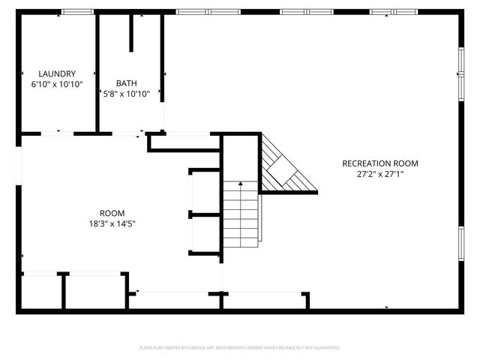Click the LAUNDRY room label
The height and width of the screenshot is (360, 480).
57,73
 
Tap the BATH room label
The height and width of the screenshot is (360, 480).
127,83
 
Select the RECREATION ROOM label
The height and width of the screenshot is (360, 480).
379,163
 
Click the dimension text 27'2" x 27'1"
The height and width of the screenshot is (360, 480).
379,174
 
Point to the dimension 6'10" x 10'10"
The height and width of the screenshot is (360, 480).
57,84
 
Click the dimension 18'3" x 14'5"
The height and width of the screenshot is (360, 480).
112,223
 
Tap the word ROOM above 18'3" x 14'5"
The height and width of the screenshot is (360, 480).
112,213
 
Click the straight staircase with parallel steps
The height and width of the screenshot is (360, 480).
240,214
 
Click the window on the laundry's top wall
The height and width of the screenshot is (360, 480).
76,11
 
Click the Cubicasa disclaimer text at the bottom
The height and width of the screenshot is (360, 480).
240,348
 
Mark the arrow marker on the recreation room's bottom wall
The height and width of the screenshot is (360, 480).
386,307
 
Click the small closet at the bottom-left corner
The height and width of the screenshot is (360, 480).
40,292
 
